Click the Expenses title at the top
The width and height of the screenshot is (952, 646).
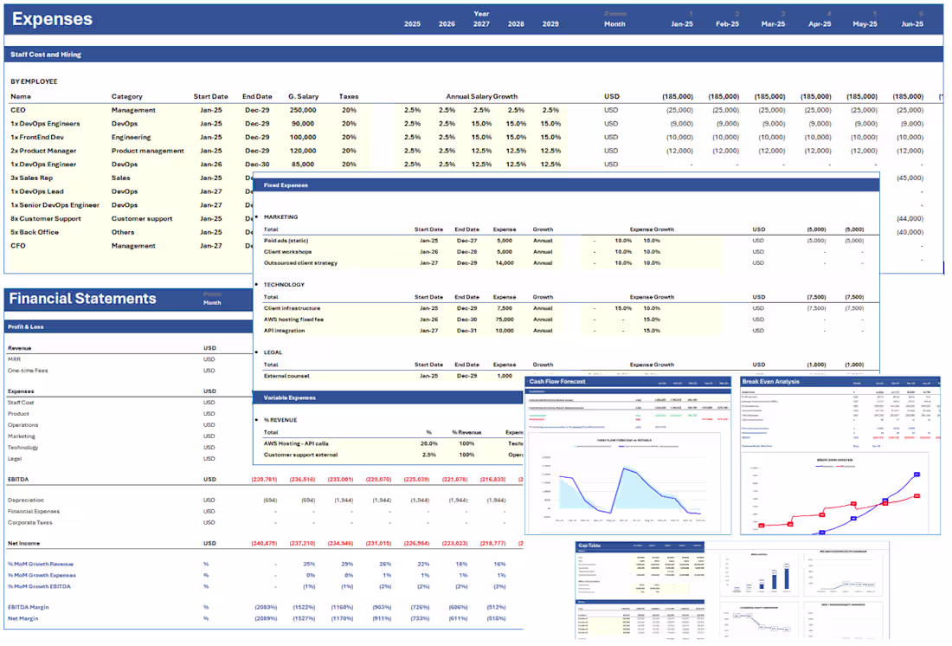click(x=52, y=19)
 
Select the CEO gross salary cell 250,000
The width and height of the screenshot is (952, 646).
click(x=302, y=110)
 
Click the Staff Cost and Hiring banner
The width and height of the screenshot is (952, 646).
click(x=46, y=55)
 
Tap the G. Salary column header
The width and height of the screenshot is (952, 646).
click(x=303, y=96)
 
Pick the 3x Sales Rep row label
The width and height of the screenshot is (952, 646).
click(x=32, y=178)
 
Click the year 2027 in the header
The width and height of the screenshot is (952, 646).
click(x=480, y=24)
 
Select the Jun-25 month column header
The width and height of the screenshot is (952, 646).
click(x=912, y=24)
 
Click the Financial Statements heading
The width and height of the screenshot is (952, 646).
click(x=82, y=299)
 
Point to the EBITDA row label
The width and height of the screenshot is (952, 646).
click(x=20, y=479)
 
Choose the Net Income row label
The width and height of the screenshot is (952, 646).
click(x=25, y=543)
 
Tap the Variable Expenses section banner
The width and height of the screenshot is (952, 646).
click(x=290, y=397)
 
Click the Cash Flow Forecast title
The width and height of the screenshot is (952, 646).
click(x=557, y=381)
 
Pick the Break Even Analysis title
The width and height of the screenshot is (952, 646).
click(x=770, y=381)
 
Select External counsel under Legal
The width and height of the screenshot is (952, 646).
click(x=286, y=376)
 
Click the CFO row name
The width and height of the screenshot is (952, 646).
click(x=18, y=245)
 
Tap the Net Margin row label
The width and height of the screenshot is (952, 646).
click(x=25, y=618)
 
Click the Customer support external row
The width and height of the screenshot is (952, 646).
click(x=302, y=454)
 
